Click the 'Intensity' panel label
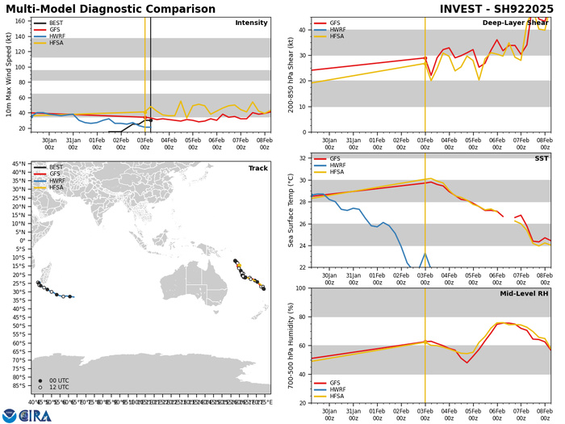click(x=251, y=23)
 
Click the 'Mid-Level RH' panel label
click(x=524, y=295)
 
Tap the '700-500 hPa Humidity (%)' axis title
click(x=291, y=345)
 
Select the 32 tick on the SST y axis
click(x=303, y=158)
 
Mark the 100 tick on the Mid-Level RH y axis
click(x=300, y=288)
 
